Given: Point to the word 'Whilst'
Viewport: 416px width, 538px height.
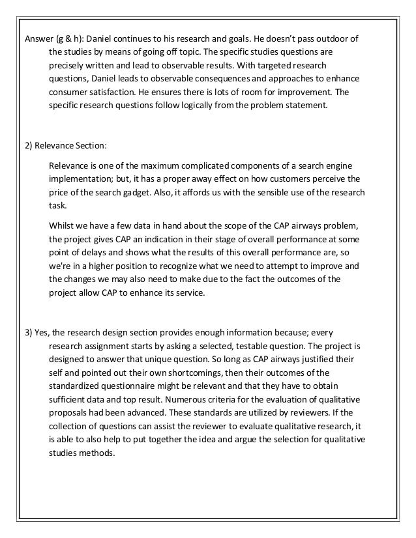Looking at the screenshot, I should coord(61,225).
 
